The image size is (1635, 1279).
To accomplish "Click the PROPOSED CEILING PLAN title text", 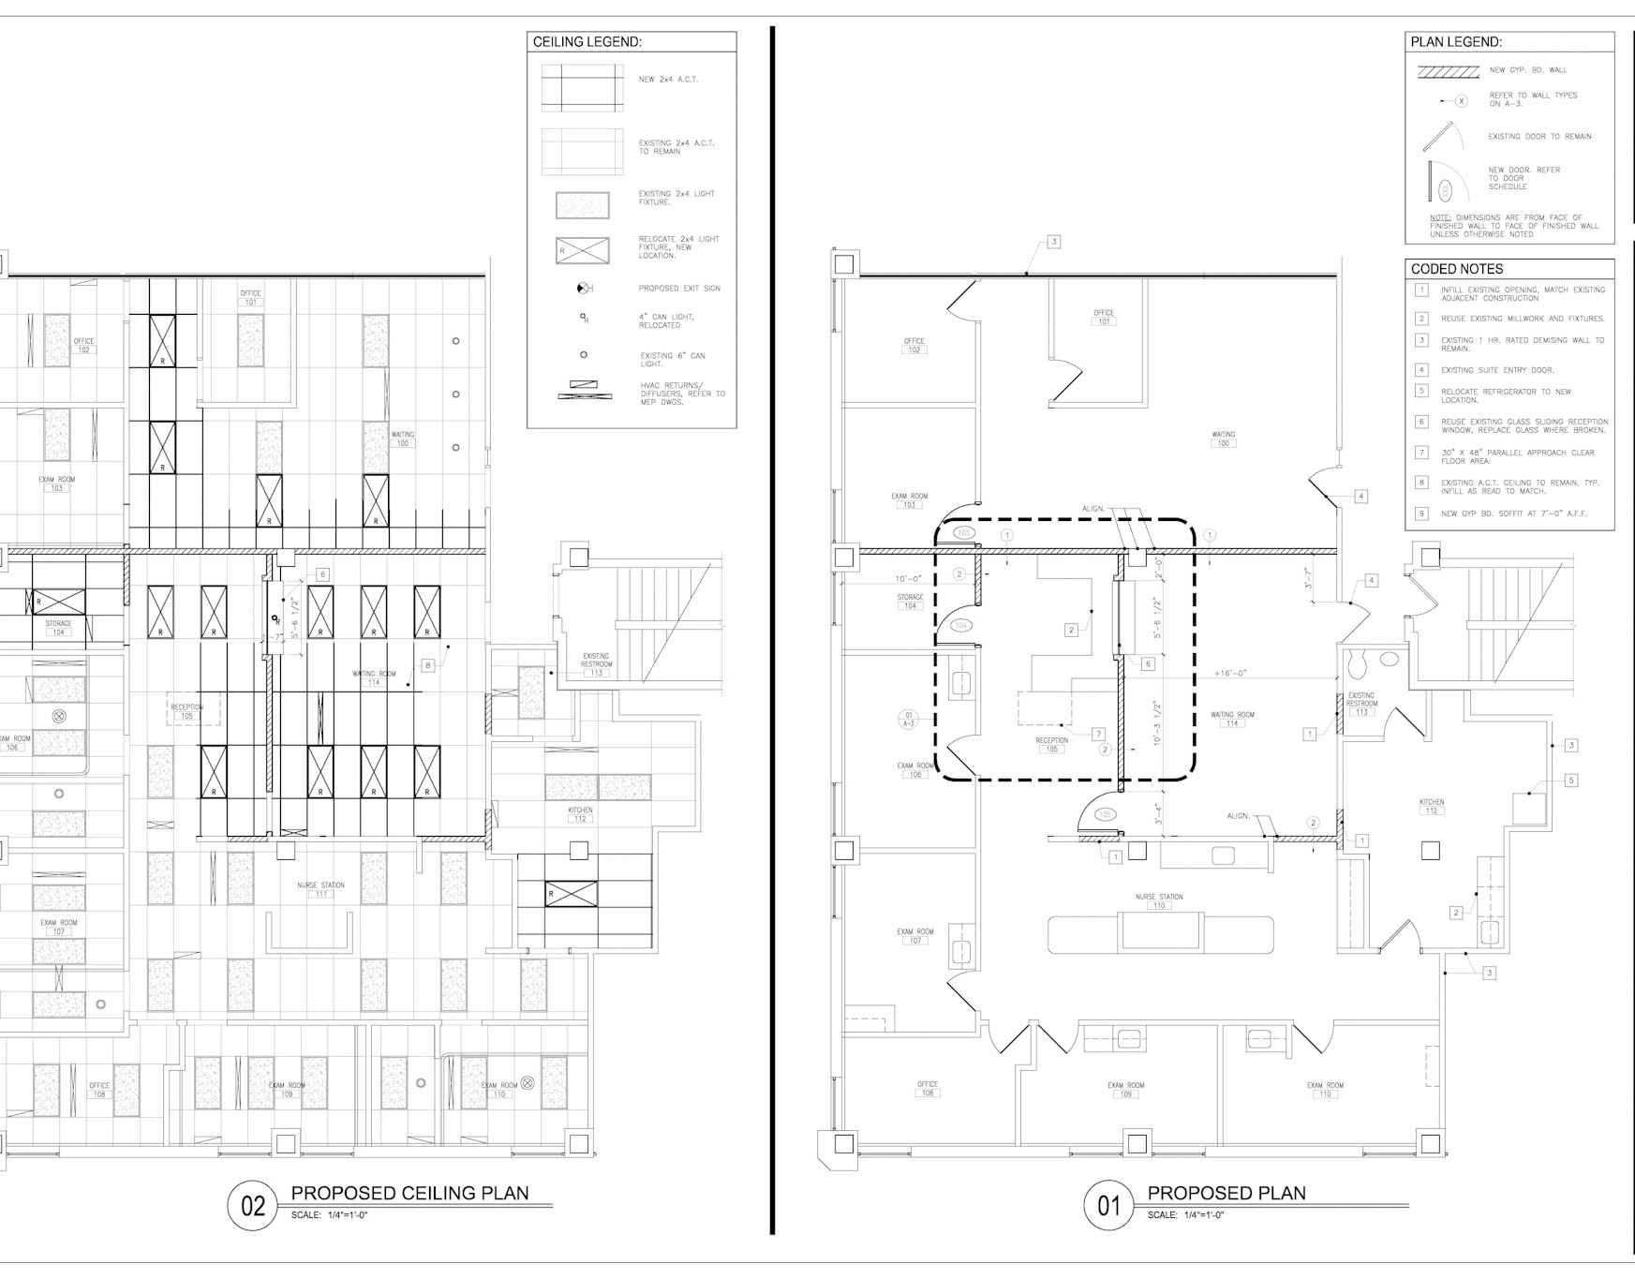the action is pos(409,1193).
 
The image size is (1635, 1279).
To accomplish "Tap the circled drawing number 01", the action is pos(1108,1205).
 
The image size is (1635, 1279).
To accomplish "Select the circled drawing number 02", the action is pos(253,1205).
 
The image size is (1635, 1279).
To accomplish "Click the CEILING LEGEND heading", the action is pos(587,42).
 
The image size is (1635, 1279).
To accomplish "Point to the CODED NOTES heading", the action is pos(1457,269).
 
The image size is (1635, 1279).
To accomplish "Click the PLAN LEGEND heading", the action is pos(1456,42).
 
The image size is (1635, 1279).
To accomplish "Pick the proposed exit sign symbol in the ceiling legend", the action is pos(584,289).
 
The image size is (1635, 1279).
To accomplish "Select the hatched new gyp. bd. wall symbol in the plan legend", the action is pos(1448,70).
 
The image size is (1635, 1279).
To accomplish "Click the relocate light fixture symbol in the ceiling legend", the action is pos(582,250).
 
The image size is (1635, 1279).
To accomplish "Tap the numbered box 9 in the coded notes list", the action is pos(1421,513).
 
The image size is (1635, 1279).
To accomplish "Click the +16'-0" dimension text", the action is pos(1229,673).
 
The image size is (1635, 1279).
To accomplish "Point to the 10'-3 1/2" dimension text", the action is pos(1158,723).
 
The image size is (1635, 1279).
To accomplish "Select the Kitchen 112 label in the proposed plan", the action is pos(1431,807).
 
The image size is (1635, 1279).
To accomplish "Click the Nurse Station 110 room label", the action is pos(1159,901).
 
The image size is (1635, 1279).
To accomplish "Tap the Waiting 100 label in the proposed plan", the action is pos(1223,439).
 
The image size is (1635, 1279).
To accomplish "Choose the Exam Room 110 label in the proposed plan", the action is pos(1325,1090).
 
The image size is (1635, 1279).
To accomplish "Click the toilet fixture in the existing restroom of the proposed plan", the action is pos(1355,664).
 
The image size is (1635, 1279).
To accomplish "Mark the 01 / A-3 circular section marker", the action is pos(908,720).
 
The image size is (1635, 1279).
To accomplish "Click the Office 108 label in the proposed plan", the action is pos(928,1089).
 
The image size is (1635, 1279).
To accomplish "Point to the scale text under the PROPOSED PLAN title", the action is pos(1185,1215).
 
